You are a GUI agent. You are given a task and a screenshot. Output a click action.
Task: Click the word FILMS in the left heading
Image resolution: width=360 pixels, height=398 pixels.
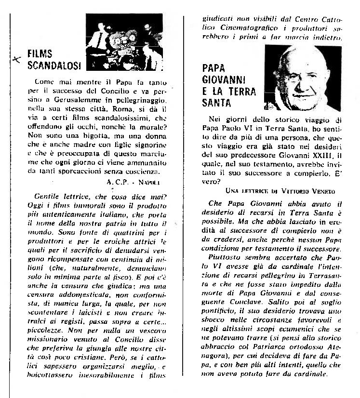point(40,53)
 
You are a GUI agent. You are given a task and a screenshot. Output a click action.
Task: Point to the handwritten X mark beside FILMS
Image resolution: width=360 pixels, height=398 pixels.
point(18,58)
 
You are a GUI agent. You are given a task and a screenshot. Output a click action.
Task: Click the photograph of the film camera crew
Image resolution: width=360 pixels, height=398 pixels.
point(124,42)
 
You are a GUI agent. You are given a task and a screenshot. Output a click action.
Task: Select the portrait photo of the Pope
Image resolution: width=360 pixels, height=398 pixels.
point(303,77)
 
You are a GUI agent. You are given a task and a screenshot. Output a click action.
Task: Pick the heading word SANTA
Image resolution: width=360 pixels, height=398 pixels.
point(217,103)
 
